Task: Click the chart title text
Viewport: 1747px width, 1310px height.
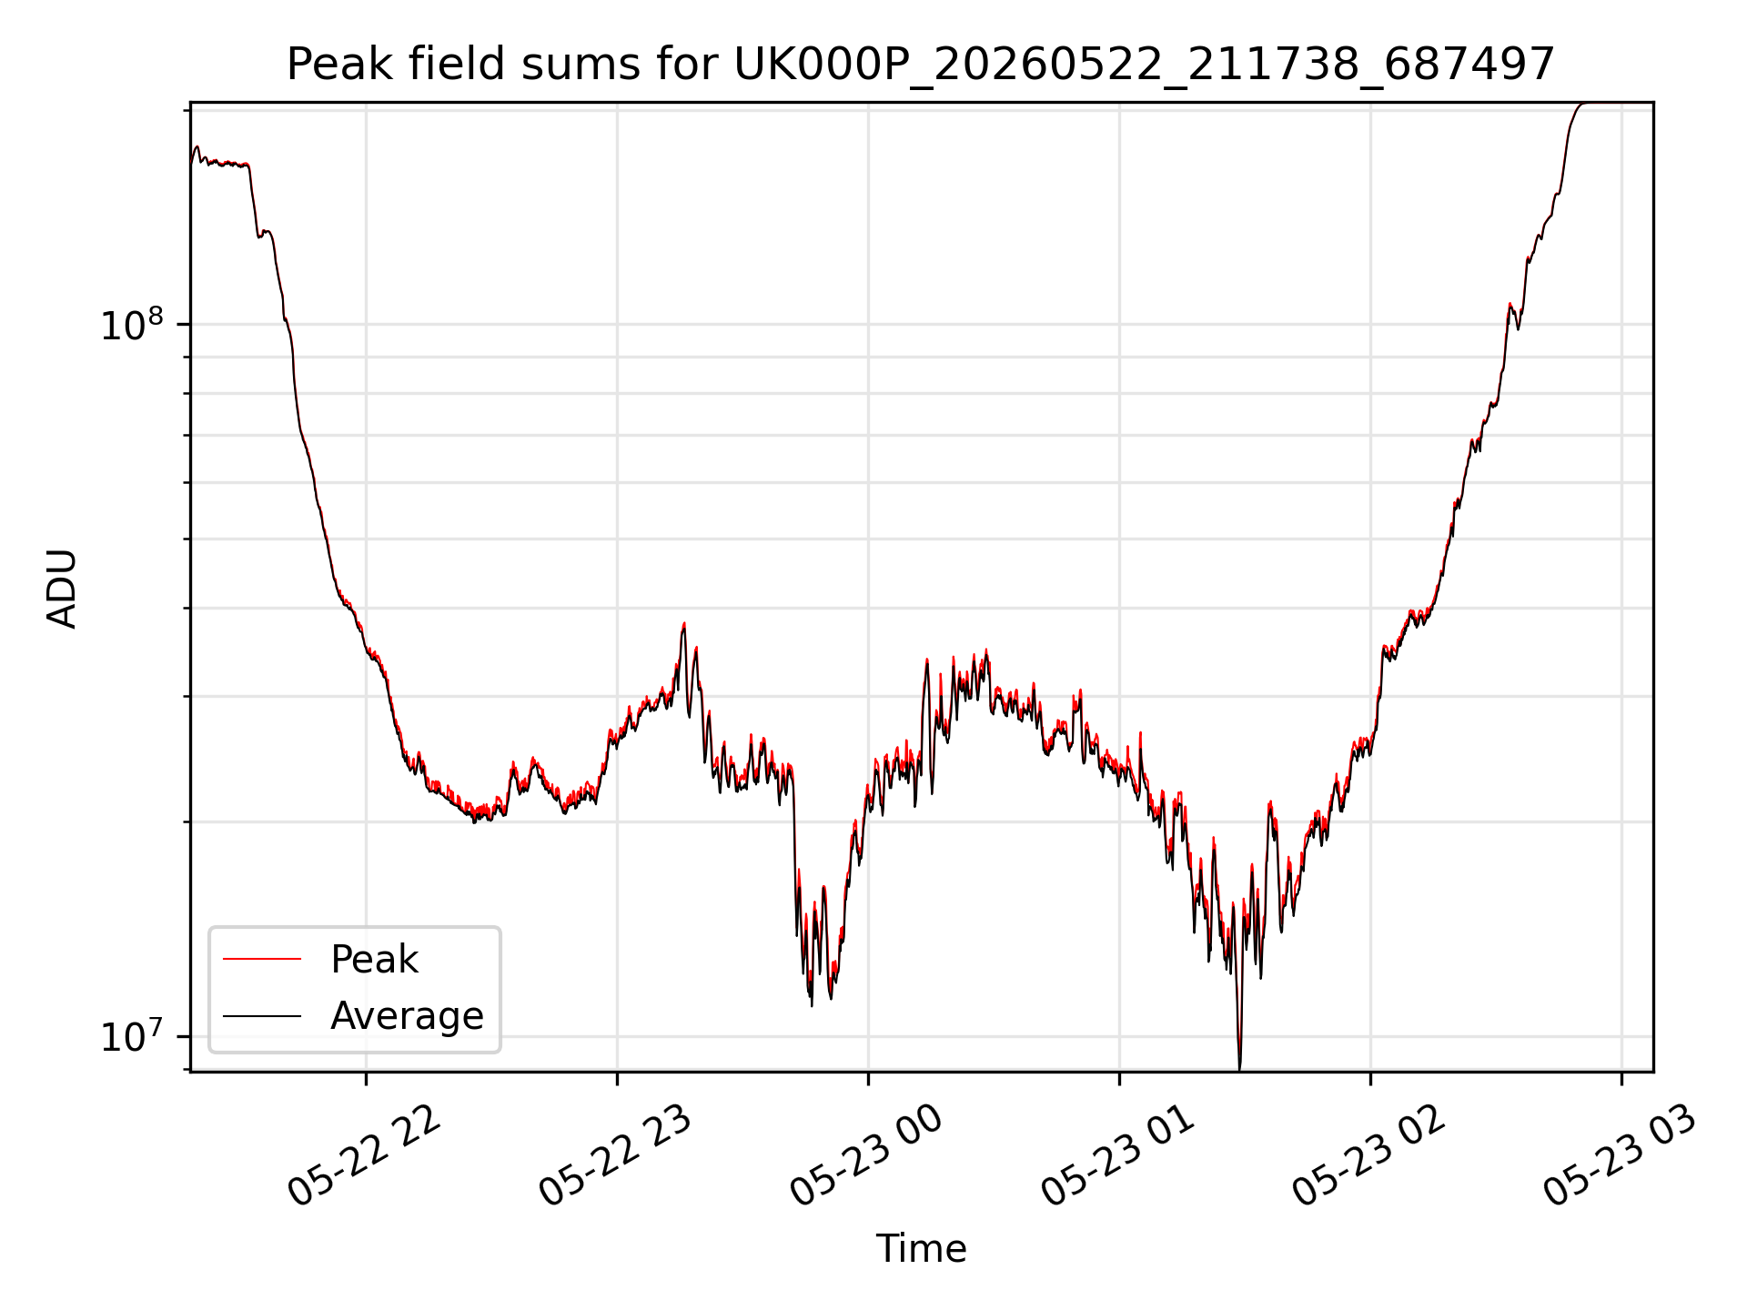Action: coord(921,65)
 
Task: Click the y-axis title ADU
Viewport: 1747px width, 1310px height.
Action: coord(62,588)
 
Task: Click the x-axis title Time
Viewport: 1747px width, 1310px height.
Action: coord(921,1248)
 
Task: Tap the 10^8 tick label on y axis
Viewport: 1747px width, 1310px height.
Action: coord(132,324)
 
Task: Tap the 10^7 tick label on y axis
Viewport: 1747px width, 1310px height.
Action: coord(132,1036)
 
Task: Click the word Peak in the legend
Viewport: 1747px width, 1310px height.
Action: coord(374,960)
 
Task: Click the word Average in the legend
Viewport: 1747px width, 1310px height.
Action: coord(407,1015)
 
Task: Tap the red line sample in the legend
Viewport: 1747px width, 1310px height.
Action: coord(262,959)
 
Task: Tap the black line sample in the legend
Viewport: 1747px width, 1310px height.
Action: coord(262,1015)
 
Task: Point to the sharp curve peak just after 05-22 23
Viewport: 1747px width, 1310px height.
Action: coord(684,624)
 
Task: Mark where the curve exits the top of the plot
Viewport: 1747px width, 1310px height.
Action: coord(1584,103)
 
